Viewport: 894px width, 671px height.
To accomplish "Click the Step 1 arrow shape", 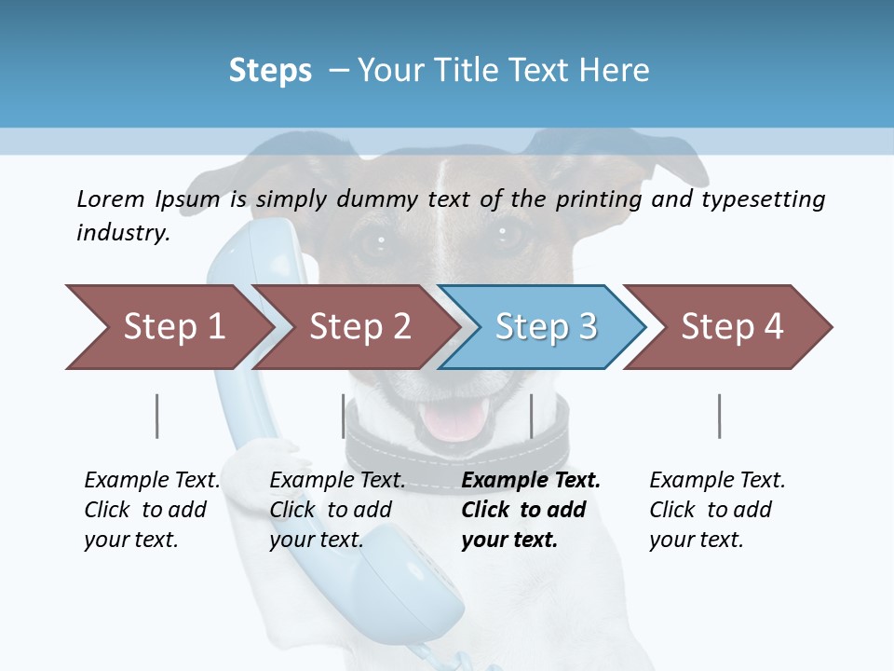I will tap(168, 327).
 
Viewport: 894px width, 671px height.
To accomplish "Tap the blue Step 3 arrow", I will tap(545, 327).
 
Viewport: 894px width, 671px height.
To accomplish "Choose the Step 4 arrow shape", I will tap(731, 327).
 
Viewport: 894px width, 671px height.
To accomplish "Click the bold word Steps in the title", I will tap(270, 71).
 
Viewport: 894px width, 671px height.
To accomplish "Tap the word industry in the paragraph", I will tap(123, 232).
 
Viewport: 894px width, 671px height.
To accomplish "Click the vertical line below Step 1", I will tap(157, 416).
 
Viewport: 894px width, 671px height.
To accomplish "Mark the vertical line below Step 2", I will tap(344, 416).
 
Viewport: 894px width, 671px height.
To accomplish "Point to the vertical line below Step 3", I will tap(531, 416).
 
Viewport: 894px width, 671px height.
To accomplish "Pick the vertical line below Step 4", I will tap(720, 416).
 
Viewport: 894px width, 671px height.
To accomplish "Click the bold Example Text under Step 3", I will tap(531, 481).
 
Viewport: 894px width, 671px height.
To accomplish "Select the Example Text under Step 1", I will tap(152, 481).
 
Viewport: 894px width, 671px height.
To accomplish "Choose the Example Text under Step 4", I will tap(717, 481).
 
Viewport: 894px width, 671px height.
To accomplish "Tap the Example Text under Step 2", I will tap(337, 481).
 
